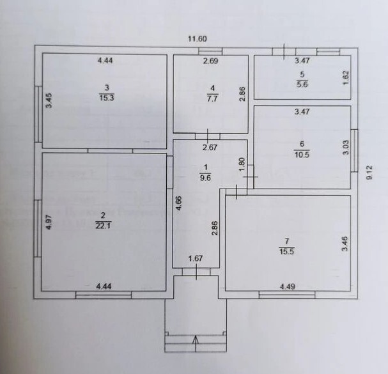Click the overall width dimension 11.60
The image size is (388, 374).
[198, 39]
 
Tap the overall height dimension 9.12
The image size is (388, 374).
[369, 173]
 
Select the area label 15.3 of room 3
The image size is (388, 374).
[107, 98]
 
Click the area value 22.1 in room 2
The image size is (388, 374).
[104, 226]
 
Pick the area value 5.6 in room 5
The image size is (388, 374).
[302, 84]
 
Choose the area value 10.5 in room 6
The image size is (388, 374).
[302, 155]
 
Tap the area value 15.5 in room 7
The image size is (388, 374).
[286, 251]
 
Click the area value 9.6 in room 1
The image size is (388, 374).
[205, 178]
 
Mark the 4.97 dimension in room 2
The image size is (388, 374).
[49, 222]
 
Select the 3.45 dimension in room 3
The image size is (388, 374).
[49, 100]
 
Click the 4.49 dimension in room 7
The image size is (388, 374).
[287, 286]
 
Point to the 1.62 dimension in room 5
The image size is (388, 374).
[346, 78]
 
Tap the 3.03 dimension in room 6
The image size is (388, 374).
[346, 148]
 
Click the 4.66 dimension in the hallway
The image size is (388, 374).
[178, 203]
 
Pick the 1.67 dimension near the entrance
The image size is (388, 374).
[196, 258]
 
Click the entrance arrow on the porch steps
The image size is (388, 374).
[196, 343]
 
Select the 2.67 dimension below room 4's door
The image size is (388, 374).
[210, 148]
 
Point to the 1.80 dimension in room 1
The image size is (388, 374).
[242, 164]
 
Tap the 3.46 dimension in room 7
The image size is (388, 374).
[345, 244]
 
